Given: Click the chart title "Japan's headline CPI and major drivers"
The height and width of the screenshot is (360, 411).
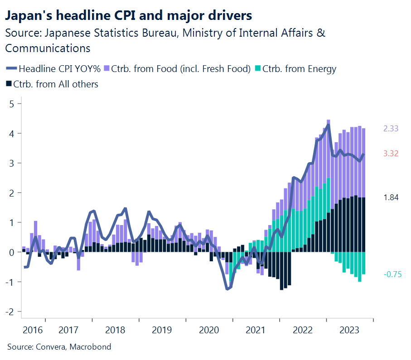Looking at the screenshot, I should coord(128,16).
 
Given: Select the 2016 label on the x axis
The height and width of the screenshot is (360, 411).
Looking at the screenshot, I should coord(33,330).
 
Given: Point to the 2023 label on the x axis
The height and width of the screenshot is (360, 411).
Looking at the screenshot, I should coord(350,330).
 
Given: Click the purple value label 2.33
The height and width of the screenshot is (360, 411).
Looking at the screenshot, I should coord(391,129).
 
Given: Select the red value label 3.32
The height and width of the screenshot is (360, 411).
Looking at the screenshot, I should coord(391,154).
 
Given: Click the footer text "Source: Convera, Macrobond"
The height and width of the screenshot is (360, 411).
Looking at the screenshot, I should coord(59,347).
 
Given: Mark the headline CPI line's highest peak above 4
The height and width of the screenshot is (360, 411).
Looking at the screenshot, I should coord(328,125).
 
